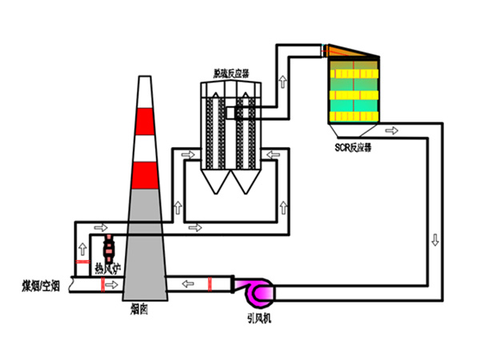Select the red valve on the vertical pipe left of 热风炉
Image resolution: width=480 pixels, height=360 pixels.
point(81,262)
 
